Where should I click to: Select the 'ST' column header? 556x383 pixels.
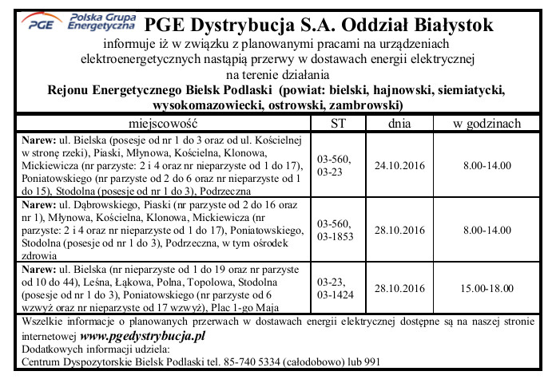[338, 124]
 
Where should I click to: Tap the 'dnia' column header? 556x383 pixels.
[399, 124]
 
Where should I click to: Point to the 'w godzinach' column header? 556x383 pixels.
[486, 124]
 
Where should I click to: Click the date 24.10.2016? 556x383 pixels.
[399, 166]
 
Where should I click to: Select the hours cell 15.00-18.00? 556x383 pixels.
[486, 288]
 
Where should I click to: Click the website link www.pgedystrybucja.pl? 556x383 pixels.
[143, 337]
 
